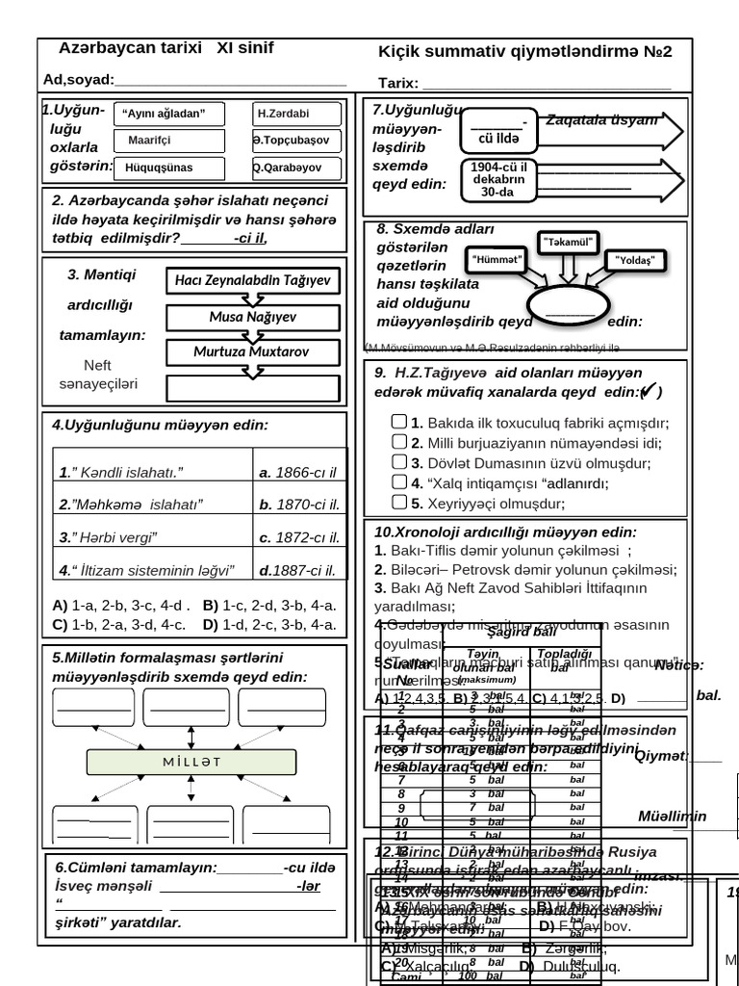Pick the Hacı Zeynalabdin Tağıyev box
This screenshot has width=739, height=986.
click(253, 280)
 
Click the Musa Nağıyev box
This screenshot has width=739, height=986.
click(253, 317)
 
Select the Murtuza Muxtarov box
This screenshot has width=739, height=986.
click(253, 352)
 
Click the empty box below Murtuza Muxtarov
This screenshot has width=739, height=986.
click(253, 388)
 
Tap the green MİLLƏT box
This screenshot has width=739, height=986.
click(191, 762)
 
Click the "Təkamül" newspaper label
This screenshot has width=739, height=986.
click(569, 242)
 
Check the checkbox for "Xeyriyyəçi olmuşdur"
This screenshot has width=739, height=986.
click(399, 502)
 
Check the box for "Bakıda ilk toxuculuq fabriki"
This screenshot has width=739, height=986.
click(399, 422)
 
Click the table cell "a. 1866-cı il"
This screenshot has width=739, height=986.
click(297, 473)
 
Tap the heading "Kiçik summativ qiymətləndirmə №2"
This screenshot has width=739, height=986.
click(525, 52)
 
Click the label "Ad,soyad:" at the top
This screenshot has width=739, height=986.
click(79, 80)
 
